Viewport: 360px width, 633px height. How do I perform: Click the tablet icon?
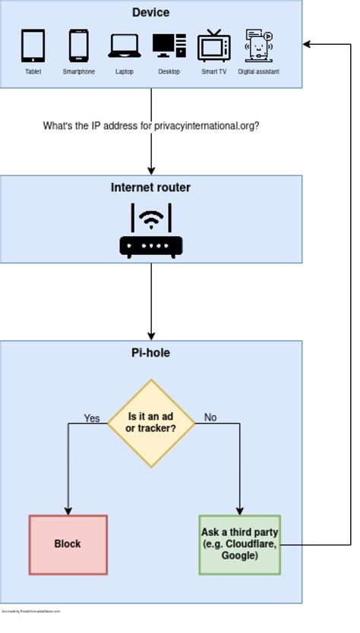coord(33,46)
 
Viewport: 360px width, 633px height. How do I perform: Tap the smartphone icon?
coord(79,46)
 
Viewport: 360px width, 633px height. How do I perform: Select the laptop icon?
coord(125,47)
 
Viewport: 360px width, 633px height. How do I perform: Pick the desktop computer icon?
coord(169,46)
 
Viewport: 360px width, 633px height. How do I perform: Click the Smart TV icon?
coord(213,46)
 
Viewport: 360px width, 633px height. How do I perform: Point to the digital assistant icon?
coord(259,46)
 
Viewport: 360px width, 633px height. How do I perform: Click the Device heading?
coord(150,12)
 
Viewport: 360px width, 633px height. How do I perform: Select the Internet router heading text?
coord(150,187)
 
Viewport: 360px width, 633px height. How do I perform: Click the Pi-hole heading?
coord(150,353)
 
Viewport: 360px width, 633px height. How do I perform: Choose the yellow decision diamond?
coord(151,423)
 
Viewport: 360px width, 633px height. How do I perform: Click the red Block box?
coord(68,544)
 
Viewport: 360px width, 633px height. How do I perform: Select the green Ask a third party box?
coord(240,544)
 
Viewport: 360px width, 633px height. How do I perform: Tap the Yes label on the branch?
coord(91,417)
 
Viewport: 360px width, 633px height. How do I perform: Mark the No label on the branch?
coord(210,417)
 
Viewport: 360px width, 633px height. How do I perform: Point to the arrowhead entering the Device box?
coord(307,44)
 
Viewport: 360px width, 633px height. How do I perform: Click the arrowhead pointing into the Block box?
coord(68,510)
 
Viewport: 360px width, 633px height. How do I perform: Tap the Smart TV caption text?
coord(213,72)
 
